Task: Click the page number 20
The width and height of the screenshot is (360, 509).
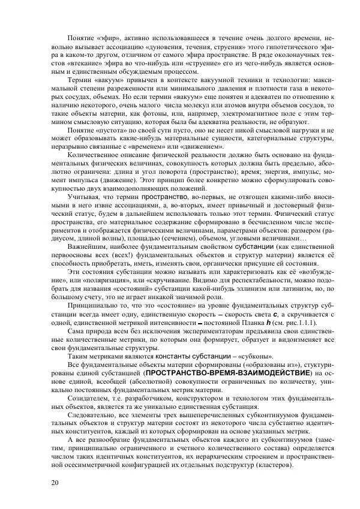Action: [55, 483]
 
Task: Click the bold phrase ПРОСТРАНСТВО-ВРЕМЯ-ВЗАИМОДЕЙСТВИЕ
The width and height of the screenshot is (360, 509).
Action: [217, 373]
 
